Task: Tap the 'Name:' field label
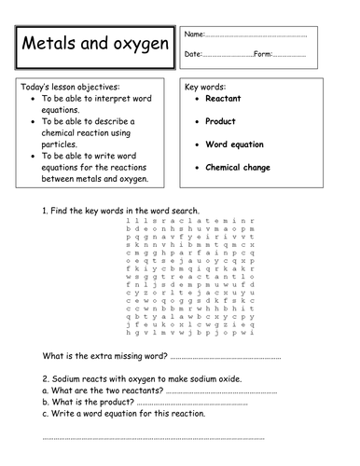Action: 196,34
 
